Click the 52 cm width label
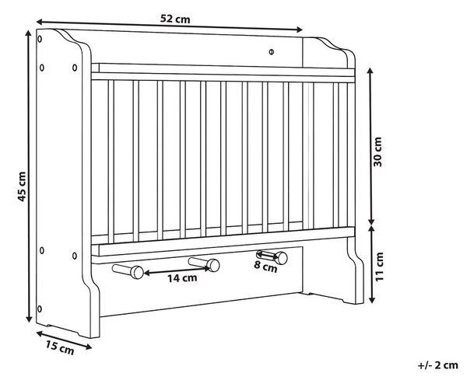pos(175,19)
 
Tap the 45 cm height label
pos(22,187)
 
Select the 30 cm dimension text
pos(377,152)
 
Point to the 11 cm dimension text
pos(378,267)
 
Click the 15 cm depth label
pos(60,348)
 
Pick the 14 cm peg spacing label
pos(182,278)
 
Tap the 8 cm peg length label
pos(265,267)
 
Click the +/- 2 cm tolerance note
pos(437,364)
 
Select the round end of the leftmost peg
pos(137,272)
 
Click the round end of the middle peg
pos(213,265)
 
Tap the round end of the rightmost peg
pos(281,258)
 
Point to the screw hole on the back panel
pos(271,52)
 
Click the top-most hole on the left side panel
pos(40,39)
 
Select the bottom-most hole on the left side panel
pos(40,309)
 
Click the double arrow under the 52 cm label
pos(169,26)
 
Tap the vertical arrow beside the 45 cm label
pos(29,176)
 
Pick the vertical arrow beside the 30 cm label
pos(370,146)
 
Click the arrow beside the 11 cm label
pos(372,264)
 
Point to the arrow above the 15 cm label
pos(64,340)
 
